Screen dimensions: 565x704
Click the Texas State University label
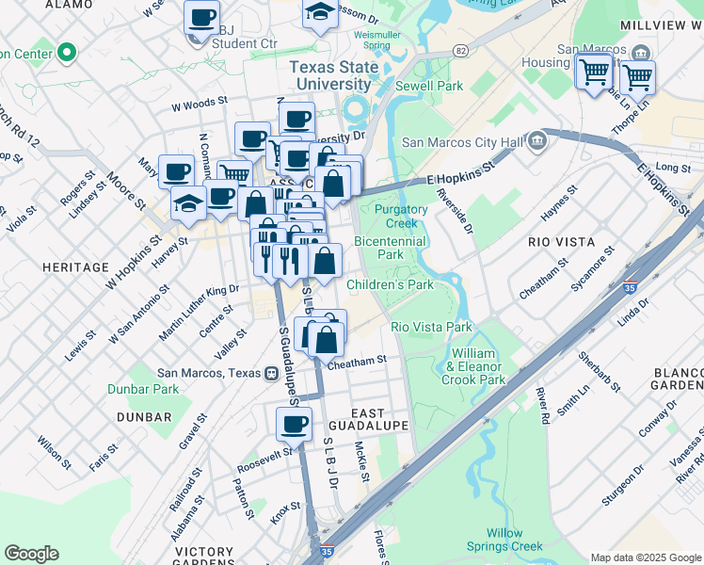[x=330, y=75]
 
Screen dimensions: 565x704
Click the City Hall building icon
[x=537, y=142]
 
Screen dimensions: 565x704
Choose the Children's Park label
[x=390, y=284]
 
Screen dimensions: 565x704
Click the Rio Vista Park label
[x=431, y=327]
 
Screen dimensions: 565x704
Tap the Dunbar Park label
[x=154, y=389]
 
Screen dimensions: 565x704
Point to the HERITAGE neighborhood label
[x=76, y=268]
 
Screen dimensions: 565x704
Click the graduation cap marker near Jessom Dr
[x=320, y=13]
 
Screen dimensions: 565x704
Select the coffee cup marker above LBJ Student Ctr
[x=201, y=17]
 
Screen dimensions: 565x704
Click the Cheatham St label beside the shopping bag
[x=358, y=361]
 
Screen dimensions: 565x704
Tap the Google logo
[x=31, y=554]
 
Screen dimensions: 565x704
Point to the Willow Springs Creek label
[x=516, y=540]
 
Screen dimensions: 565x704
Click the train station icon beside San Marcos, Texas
[x=271, y=373]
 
